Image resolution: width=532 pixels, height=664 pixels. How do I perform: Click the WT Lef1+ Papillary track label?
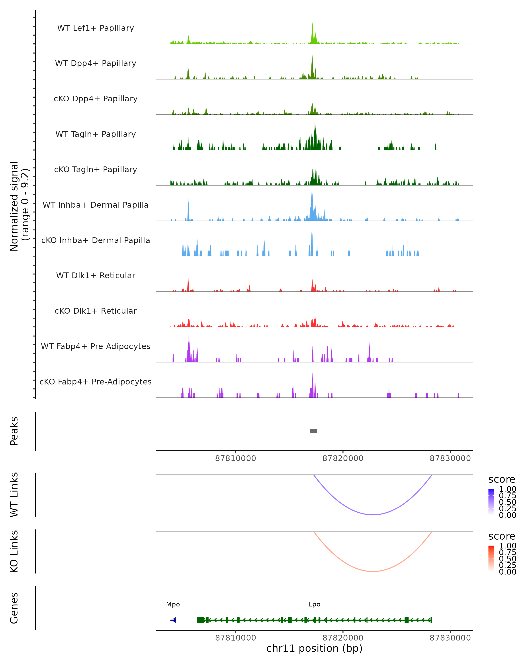click(x=96, y=28)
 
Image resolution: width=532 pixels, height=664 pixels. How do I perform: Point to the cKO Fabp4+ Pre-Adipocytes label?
click(x=96, y=382)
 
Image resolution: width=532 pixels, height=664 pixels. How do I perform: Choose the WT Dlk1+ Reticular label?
click(x=96, y=275)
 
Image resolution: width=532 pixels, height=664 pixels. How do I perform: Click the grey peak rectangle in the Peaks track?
click(x=313, y=431)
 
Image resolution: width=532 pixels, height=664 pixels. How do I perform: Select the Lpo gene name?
click(x=314, y=604)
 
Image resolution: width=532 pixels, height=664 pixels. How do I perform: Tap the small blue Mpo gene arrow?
click(x=173, y=620)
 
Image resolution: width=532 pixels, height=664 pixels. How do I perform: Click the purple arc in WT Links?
click(x=373, y=514)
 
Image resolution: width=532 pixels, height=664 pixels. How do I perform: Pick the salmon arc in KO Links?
click(x=373, y=571)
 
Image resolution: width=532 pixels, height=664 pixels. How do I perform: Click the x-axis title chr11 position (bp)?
click(x=314, y=648)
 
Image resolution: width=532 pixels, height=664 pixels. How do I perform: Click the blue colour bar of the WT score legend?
click(x=491, y=502)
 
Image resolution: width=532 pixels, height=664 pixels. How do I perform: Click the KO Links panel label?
click(x=14, y=551)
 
